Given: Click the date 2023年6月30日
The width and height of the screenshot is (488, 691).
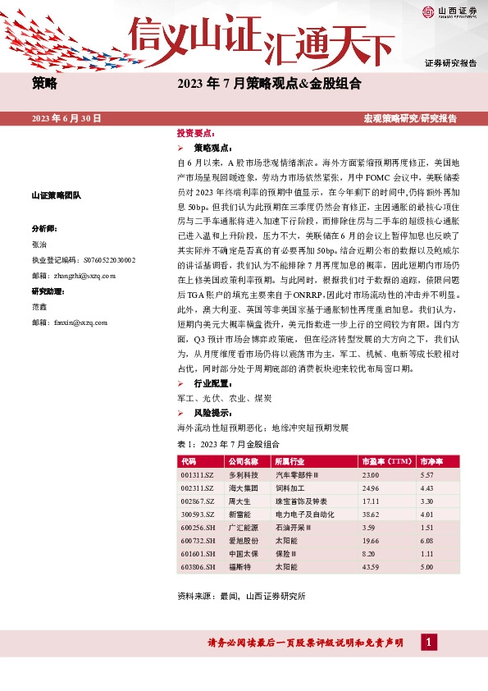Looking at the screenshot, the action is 66,119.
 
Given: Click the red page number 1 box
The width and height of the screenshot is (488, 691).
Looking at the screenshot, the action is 426,642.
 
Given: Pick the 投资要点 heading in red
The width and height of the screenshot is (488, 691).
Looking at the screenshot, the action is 195,132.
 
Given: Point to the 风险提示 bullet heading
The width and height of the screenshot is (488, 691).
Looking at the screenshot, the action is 212,412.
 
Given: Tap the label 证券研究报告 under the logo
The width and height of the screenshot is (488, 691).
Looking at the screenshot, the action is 450,63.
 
